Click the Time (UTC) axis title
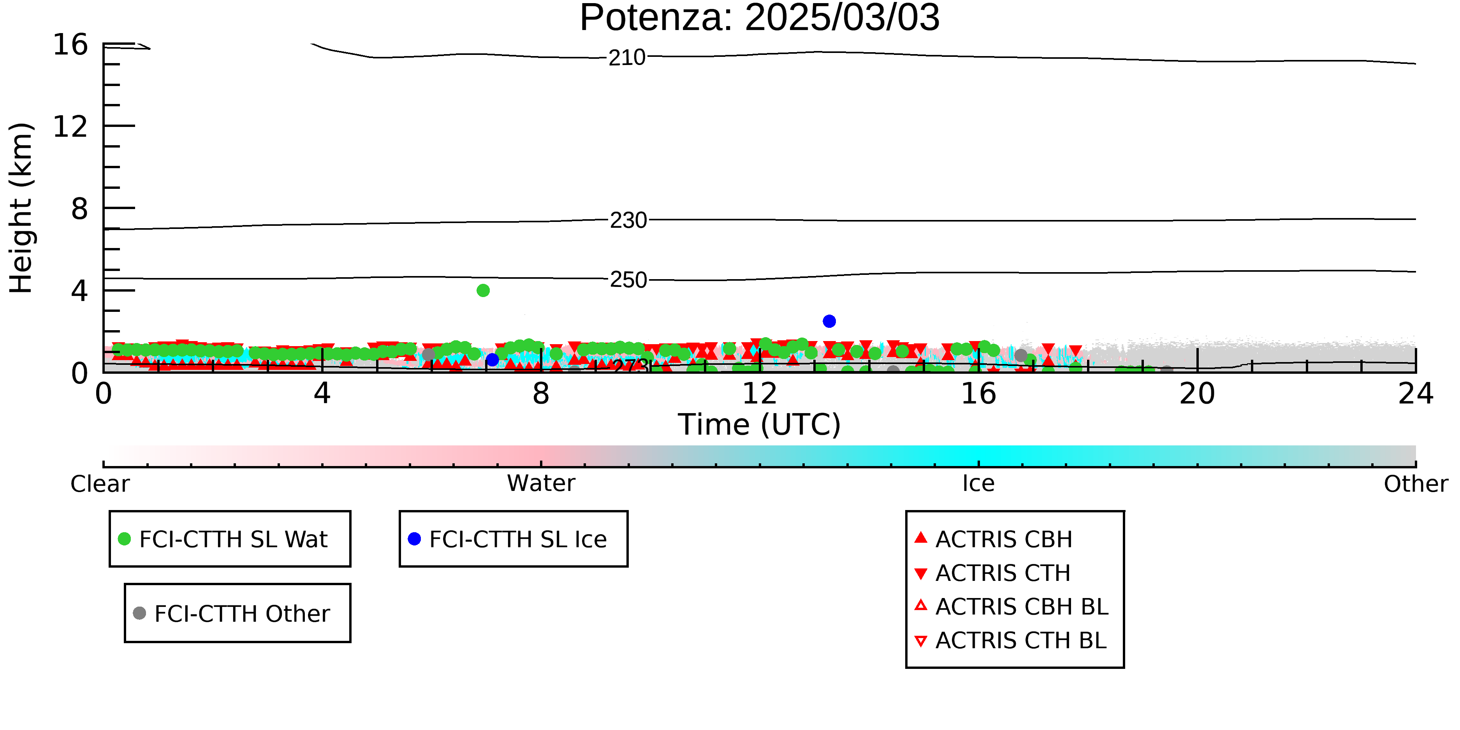[760, 424]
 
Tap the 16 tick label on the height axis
[70, 45]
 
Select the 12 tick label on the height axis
[70, 127]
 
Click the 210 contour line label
[627, 58]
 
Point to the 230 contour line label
[628, 220]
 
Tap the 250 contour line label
[628, 280]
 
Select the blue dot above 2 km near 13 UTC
[829, 321]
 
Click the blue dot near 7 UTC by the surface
[493, 360]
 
